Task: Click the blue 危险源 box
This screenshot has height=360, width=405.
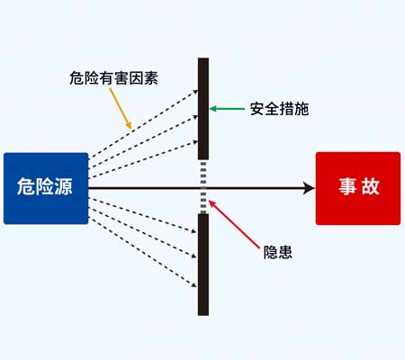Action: [46, 188]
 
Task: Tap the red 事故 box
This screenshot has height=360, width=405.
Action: [358, 188]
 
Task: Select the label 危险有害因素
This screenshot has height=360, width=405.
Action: [113, 78]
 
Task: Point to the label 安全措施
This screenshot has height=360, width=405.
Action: [279, 109]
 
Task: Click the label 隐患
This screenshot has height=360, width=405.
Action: [277, 252]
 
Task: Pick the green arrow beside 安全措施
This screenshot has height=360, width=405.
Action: [227, 109]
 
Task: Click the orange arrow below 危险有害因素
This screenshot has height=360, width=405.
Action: [121, 109]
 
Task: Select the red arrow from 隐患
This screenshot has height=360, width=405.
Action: [234, 224]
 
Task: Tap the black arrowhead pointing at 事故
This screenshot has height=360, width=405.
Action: [309, 188]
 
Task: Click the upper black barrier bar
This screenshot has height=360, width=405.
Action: [203, 109]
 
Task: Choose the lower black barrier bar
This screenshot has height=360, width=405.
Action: [203, 265]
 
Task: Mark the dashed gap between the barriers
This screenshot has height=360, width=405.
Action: [203, 186]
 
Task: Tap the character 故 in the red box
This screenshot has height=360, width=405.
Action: [371, 186]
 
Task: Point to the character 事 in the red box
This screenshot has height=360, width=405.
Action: [347, 186]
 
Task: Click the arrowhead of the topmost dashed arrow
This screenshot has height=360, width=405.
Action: [195, 92]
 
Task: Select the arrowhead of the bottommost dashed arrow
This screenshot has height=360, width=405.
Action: [194, 284]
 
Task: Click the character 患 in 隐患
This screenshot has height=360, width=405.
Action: [285, 252]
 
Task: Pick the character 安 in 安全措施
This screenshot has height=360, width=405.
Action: [257, 109]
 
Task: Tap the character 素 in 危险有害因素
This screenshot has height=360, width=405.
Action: [151, 78]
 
